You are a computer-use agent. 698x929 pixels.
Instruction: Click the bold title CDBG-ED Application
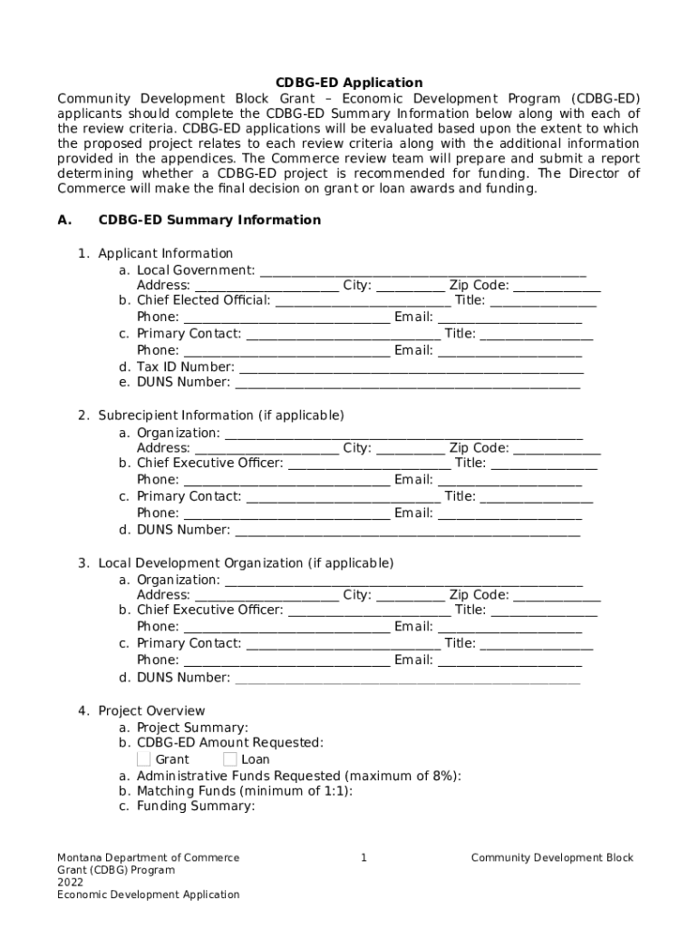click(x=349, y=83)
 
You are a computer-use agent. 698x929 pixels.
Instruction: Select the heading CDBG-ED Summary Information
click(x=209, y=220)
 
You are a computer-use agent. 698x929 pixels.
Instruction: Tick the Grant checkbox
click(x=144, y=758)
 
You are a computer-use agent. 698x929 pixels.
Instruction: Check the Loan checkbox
click(x=230, y=758)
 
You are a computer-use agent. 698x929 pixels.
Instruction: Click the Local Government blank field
click(x=422, y=270)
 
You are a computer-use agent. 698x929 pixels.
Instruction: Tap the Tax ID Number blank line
click(x=411, y=367)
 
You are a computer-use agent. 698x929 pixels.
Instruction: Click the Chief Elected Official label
click(x=203, y=300)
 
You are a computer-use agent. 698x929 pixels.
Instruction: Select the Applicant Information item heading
click(x=165, y=253)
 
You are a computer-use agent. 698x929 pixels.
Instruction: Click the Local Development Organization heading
click(x=246, y=563)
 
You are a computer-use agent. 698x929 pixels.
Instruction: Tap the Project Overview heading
click(x=151, y=710)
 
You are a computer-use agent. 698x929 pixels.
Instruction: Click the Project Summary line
click(x=192, y=728)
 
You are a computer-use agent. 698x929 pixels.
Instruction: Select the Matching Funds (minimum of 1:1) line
click(x=245, y=791)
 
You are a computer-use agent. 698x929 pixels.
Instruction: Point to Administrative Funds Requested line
click(x=298, y=776)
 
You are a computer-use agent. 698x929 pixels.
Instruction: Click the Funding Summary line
click(x=196, y=807)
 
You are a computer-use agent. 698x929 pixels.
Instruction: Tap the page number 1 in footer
click(x=364, y=857)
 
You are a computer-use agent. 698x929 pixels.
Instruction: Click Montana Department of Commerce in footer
click(x=149, y=857)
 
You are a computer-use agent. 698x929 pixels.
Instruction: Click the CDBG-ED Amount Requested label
click(x=229, y=743)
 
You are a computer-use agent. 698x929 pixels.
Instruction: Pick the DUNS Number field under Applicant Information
click(x=407, y=383)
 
